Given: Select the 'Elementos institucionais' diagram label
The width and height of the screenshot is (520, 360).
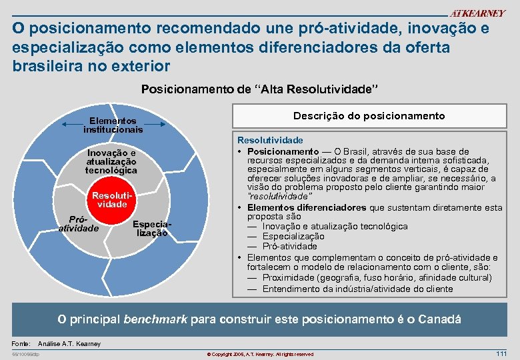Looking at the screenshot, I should (113, 125).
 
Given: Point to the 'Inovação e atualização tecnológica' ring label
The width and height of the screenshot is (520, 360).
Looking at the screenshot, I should (111, 161).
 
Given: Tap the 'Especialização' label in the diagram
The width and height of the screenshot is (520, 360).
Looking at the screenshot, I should (152, 229).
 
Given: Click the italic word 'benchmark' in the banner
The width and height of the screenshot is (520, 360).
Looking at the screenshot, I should (156, 319).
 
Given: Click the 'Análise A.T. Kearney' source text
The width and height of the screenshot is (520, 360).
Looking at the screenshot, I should (70, 343).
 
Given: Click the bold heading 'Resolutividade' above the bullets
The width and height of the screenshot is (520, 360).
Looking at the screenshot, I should (270, 141).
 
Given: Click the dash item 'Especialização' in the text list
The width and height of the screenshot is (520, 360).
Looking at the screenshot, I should (293, 236).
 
